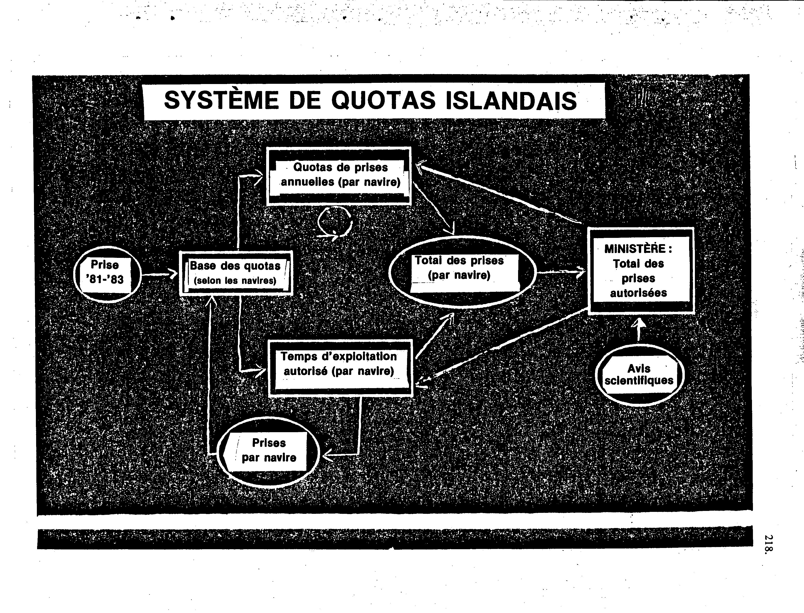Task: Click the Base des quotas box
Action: (236, 273)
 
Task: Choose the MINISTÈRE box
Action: (640, 270)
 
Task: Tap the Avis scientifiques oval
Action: (639, 375)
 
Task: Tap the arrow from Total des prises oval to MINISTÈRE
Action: (561, 272)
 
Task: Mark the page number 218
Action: (768, 545)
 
